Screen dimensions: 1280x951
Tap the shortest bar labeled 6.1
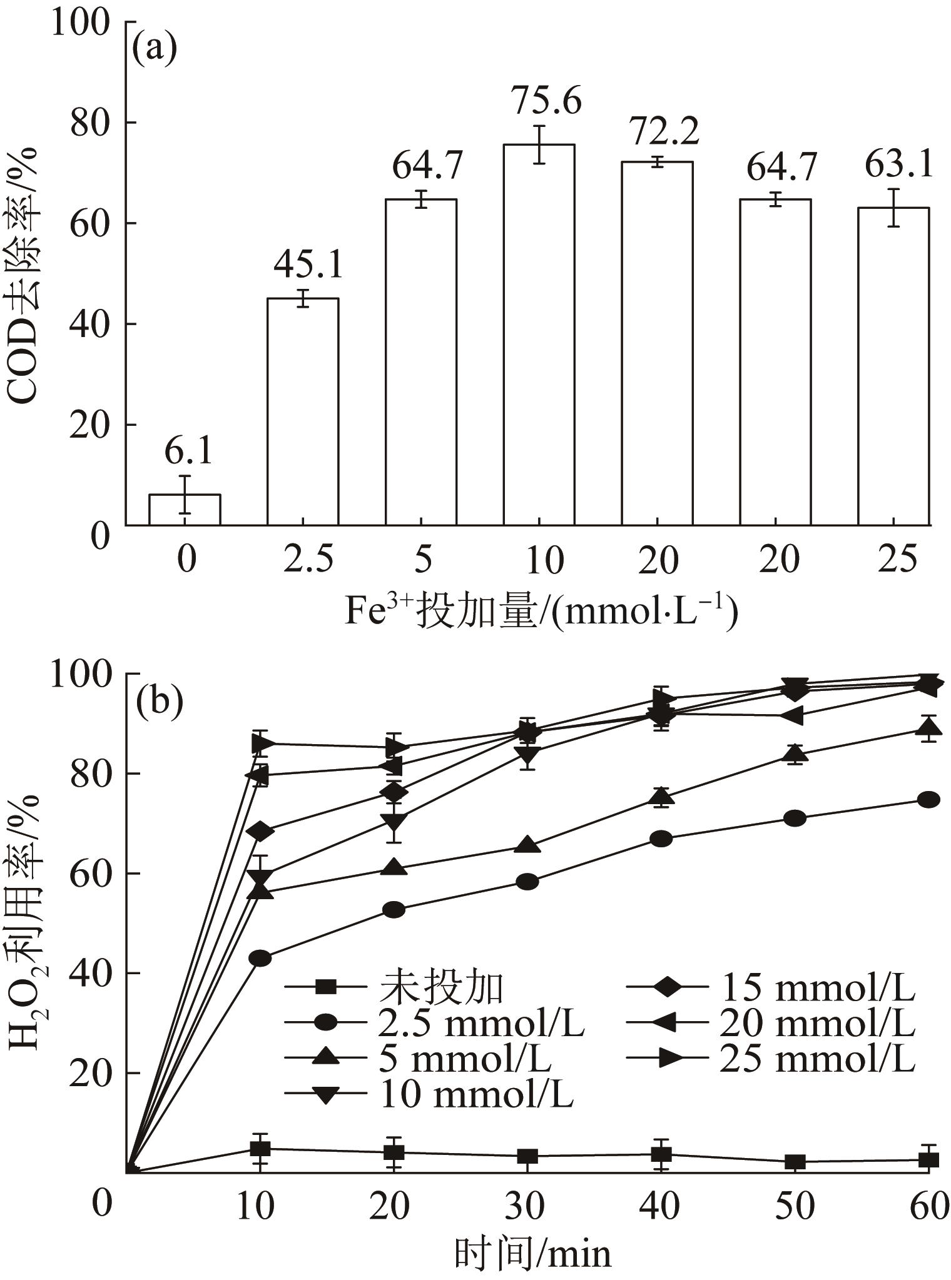coord(185,510)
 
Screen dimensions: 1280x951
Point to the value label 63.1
coord(898,164)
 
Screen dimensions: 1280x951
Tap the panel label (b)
coord(159,701)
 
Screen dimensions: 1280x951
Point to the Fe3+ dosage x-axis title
coord(541,612)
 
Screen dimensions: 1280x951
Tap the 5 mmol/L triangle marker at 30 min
coord(527,845)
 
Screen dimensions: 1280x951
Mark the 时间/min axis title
coord(532,1252)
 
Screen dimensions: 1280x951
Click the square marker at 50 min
coord(795,1162)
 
